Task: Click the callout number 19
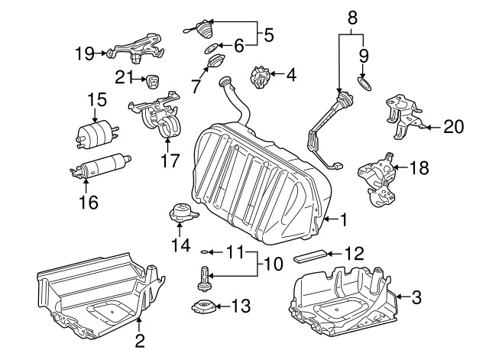click(x=84, y=54)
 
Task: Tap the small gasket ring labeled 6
click(x=212, y=48)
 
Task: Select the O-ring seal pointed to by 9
click(x=364, y=84)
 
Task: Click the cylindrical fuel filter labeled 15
click(x=96, y=135)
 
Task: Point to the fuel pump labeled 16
click(x=100, y=166)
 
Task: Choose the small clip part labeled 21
click(x=153, y=81)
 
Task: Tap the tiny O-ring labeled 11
click(x=204, y=251)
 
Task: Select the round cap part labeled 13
click(x=204, y=306)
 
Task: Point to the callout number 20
click(x=454, y=127)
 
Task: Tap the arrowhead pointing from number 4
click(x=271, y=74)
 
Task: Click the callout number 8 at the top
click(x=352, y=18)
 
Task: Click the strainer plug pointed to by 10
click(x=204, y=279)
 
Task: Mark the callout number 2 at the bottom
click(x=140, y=341)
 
